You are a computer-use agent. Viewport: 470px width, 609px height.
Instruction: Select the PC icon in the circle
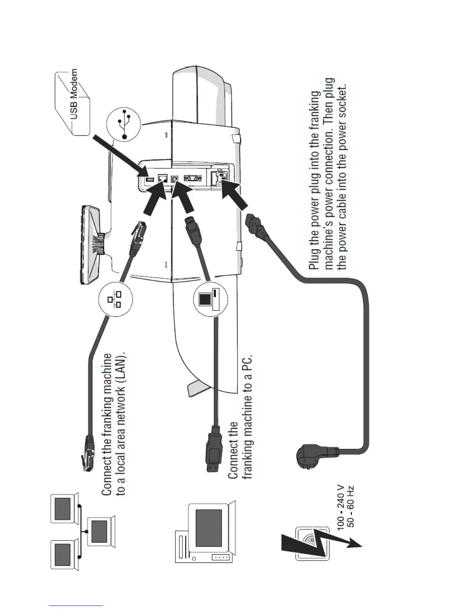[210, 300]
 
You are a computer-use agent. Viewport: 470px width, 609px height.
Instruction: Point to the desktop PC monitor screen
[209, 529]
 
